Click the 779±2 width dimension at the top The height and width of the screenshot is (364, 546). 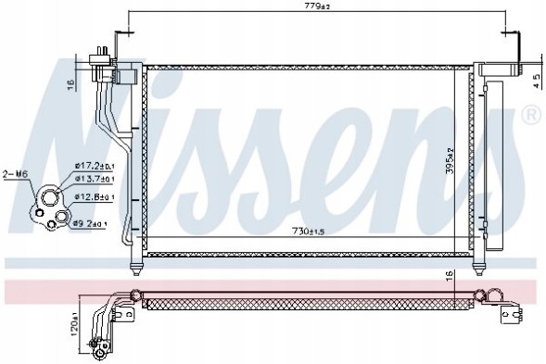coord(318,7)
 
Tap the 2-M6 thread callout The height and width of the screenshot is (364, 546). coord(16,173)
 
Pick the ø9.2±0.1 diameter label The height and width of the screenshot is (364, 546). coord(91,223)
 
